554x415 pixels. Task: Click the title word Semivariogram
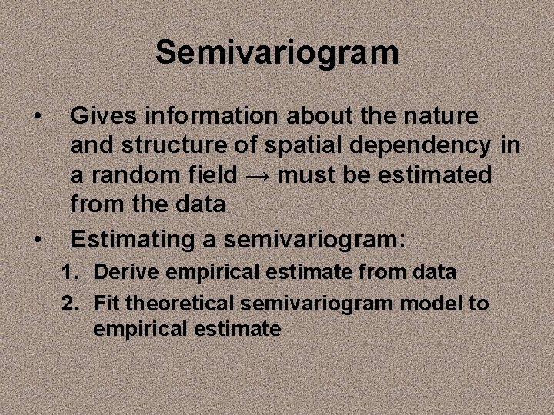pos(277,53)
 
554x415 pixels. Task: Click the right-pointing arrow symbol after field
pos(257,176)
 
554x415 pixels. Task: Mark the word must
pos(307,175)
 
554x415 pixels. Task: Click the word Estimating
pos(133,239)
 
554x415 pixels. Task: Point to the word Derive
pos(119,272)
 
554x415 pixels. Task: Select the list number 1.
pos(70,272)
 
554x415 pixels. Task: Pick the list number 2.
pos(70,304)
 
